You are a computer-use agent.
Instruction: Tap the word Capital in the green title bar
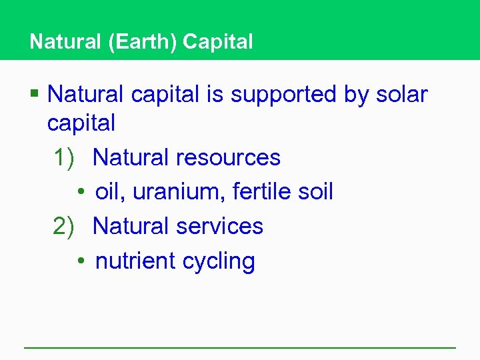click(x=218, y=42)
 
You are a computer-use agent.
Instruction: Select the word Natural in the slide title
click(x=63, y=42)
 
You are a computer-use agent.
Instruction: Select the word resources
click(x=228, y=158)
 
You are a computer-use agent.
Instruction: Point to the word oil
click(x=109, y=192)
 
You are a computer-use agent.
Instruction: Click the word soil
click(x=315, y=192)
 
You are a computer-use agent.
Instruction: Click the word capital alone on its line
click(x=81, y=123)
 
